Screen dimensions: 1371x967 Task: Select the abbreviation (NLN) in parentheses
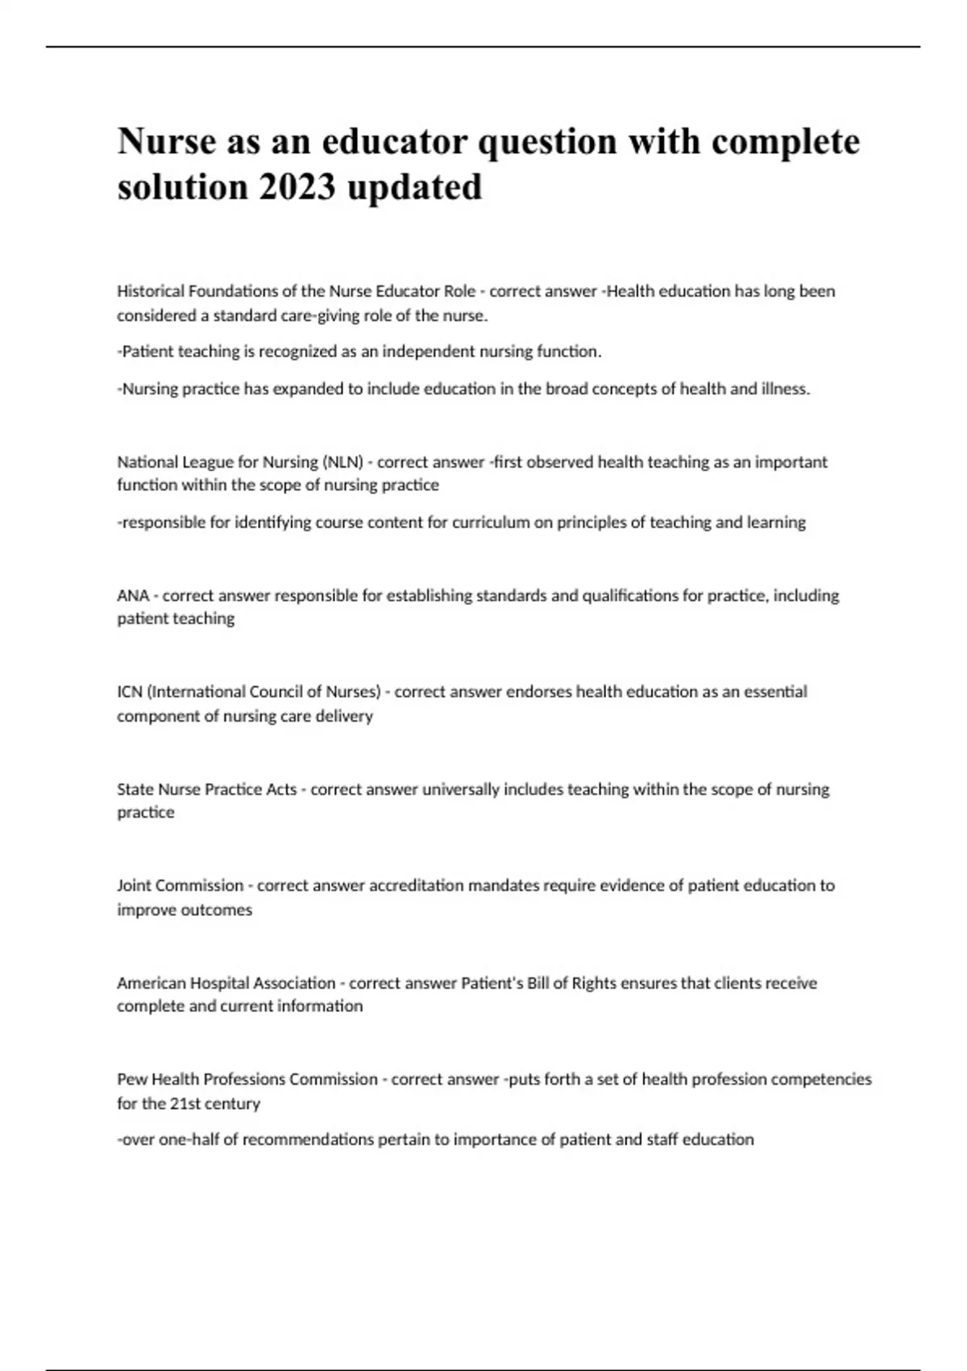(x=342, y=462)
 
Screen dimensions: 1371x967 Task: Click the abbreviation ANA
(x=133, y=596)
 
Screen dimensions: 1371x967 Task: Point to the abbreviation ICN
(x=130, y=692)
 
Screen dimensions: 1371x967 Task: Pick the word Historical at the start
(x=150, y=291)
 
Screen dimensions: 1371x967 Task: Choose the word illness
(x=785, y=389)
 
